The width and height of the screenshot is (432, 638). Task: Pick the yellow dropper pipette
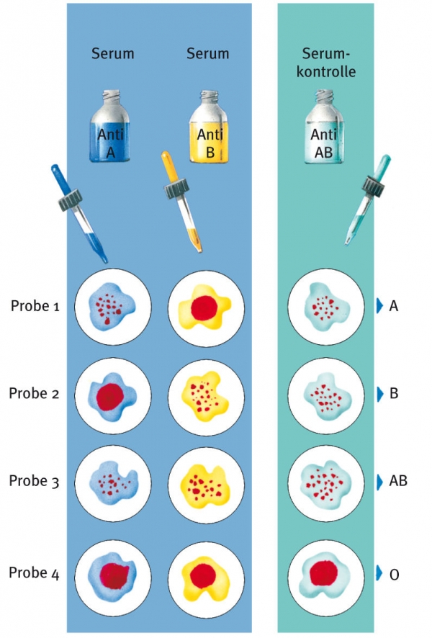[180, 202]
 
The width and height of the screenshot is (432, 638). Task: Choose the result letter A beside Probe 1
[393, 306]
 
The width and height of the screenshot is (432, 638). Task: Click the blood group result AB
[397, 481]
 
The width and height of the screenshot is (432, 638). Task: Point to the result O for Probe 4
[393, 573]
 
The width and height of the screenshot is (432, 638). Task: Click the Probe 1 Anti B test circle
[204, 306]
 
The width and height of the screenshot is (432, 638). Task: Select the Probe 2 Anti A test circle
[111, 394]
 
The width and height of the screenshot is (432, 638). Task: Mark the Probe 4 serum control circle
[323, 573]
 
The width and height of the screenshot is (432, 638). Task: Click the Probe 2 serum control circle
[323, 394]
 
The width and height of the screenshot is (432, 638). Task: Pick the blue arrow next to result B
[379, 394]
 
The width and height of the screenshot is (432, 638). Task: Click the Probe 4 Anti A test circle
[111, 573]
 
